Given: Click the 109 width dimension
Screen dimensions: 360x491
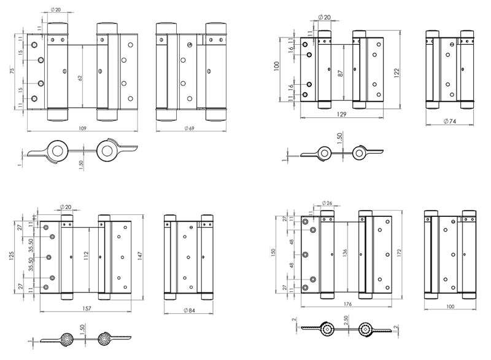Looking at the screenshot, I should coord(82,128).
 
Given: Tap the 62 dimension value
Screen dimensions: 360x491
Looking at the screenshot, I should coord(79,79).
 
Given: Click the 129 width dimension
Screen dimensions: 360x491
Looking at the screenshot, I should coord(336,114).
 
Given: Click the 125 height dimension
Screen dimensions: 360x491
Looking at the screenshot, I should coord(11,254).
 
